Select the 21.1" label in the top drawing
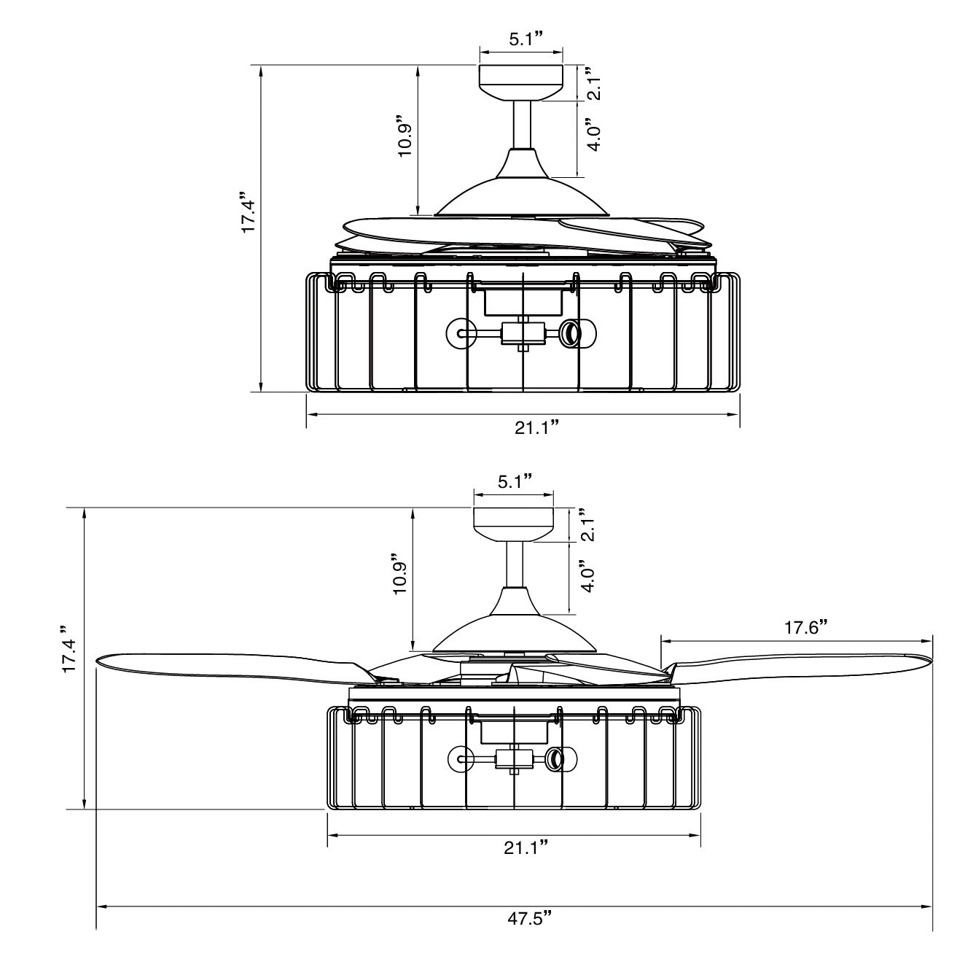pyautogui.click(x=537, y=427)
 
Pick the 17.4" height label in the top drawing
pyautogui.click(x=249, y=216)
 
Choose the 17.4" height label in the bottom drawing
pyautogui.click(x=69, y=648)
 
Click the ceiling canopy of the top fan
pyautogui.click(x=520, y=81)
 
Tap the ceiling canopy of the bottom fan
pyautogui.click(x=513, y=523)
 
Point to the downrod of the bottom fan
pyautogui.click(x=515, y=564)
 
